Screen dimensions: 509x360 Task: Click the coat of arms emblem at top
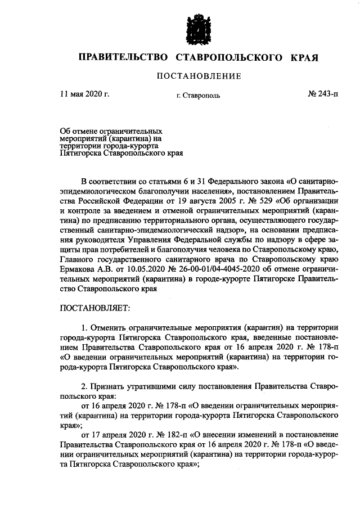click(x=199, y=26)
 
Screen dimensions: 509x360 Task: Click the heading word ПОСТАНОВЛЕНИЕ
click(x=199, y=76)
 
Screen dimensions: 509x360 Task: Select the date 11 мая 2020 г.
click(x=84, y=94)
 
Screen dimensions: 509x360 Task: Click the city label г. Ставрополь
click(x=198, y=95)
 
